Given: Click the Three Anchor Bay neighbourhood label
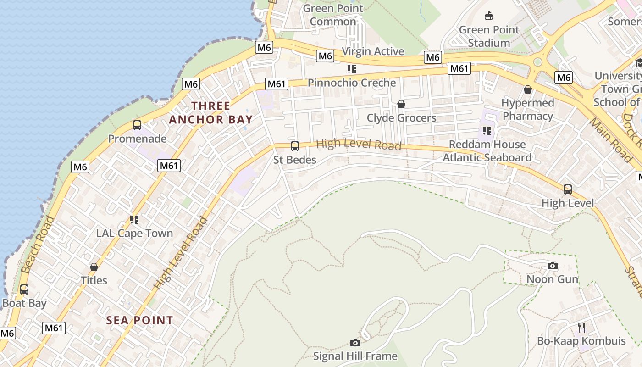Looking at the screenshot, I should click(210, 113).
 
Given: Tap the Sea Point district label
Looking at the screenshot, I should click(140, 320).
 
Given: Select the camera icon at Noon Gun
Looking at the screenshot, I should click(553, 266).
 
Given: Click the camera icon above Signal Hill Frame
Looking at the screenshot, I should click(355, 343).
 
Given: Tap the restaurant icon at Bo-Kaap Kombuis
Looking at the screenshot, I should click(581, 327).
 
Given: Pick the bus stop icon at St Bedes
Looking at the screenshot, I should click(295, 146).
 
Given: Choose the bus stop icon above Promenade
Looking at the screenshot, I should click(137, 125).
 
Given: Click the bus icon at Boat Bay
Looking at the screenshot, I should click(24, 289).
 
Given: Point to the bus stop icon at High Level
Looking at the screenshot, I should click(567, 189).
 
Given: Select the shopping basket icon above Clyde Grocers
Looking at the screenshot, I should click(401, 104).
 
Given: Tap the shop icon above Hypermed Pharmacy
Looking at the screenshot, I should click(528, 89).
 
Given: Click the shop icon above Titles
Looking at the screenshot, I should click(94, 267).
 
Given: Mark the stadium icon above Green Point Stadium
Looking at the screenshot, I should click(489, 16).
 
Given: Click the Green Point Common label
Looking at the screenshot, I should click(333, 15).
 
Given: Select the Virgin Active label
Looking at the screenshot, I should click(373, 51).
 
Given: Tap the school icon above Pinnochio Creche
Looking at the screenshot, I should click(352, 69).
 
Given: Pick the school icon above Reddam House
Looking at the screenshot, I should click(487, 131).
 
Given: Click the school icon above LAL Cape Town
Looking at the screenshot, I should click(134, 220).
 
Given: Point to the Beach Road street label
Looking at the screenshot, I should click(38, 245).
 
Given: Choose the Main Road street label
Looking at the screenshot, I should click(610, 140).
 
